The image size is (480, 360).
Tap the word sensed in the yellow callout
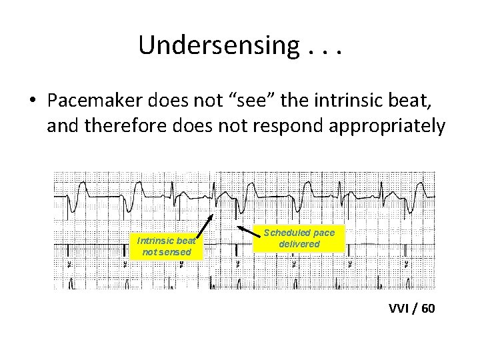click(x=175, y=252)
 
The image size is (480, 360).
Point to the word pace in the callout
click(x=323, y=233)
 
